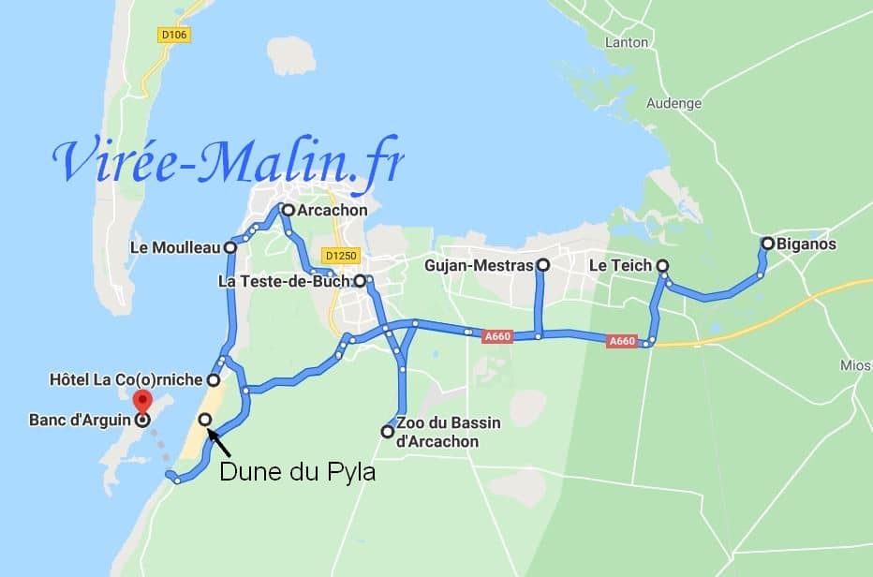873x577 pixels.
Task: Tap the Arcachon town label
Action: coord(332,211)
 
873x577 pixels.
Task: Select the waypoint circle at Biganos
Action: coord(767,244)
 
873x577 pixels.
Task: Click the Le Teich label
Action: coord(620,266)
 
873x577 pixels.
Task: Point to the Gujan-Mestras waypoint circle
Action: coord(542,266)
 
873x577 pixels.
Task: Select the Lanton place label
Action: coord(626,42)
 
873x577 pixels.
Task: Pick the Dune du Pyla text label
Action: coord(297,472)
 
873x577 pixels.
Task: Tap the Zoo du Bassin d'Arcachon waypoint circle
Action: coord(387,432)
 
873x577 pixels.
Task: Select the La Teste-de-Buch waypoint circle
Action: coord(360,280)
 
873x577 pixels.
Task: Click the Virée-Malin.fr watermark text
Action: coord(229,162)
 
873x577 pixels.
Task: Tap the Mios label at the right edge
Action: coord(859,363)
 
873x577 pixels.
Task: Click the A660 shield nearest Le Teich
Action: coord(622,342)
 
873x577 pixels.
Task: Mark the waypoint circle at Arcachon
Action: coord(288,211)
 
